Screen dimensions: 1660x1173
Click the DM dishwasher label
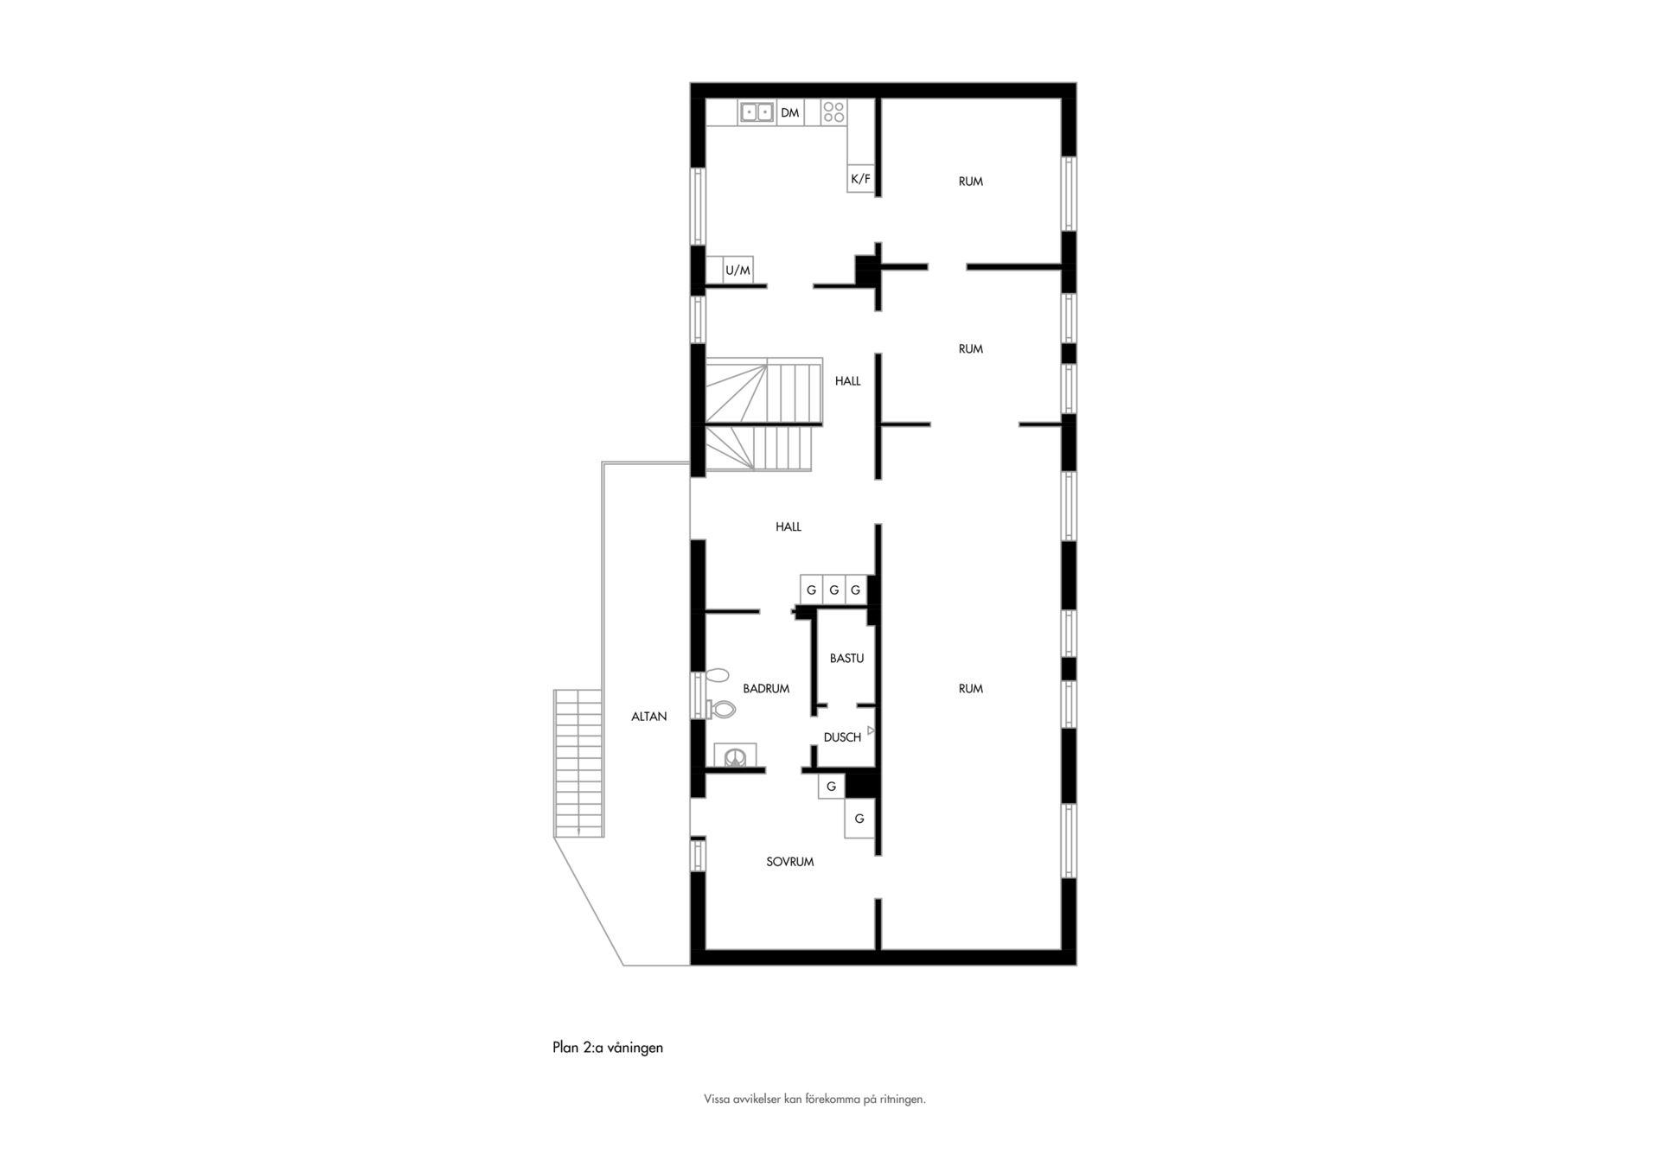point(789,112)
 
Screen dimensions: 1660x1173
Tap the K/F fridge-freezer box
point(860,178)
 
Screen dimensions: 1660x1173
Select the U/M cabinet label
point(737,271)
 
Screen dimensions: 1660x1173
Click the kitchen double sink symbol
point(757,112)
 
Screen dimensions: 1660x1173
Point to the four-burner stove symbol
point(833,112)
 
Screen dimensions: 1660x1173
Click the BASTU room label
point(846,659)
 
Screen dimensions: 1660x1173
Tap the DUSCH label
point(842,737)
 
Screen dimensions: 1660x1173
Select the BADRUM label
point(766,689)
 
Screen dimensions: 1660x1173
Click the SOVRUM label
point(789,862)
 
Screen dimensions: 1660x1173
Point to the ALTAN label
point(648,717)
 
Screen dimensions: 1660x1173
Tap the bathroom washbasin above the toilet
point(718,675)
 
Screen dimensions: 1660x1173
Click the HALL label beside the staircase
point(847,381)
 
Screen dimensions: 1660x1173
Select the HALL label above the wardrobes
point(788,526)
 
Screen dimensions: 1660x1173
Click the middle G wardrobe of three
point(833,590)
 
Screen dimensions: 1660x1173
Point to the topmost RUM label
point(970,182)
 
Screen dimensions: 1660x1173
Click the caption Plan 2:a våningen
point(608,1048)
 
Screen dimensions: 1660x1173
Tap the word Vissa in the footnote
point(716,1100)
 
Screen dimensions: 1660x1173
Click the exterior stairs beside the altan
point(578,763)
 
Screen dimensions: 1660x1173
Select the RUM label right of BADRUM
point(970,689)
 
